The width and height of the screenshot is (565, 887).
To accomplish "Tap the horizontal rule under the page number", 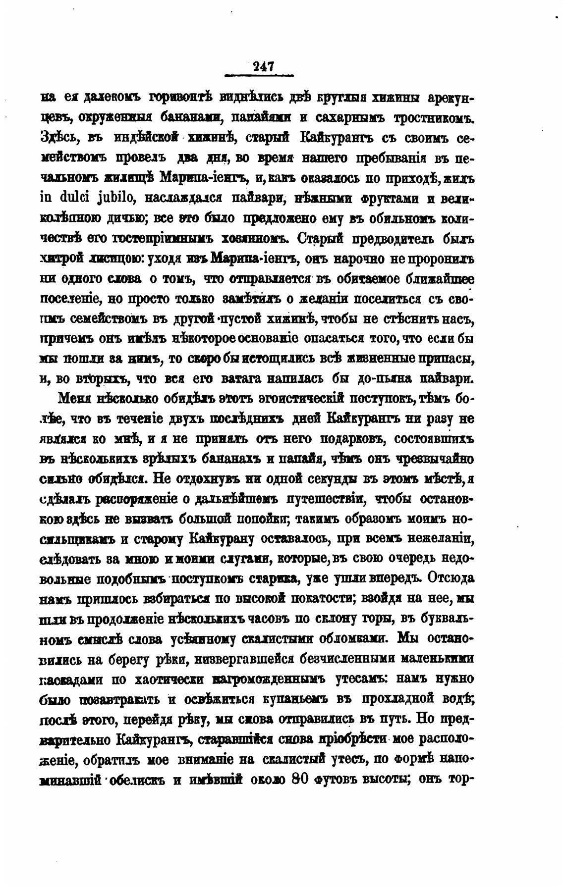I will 259,76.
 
